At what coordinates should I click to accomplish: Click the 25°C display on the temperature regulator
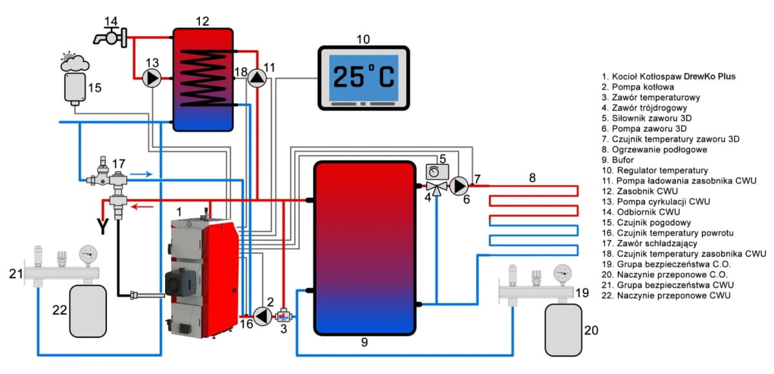tap(364, 77)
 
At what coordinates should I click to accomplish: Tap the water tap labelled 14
tap(111, 38)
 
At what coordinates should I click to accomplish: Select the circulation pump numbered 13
tap(152, 78)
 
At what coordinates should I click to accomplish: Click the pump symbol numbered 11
tap(257, 78)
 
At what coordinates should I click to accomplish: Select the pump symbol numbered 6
tap(459, 186)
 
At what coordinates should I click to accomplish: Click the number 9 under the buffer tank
tap(364, 343)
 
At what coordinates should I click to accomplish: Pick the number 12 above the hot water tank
tap(203, 21)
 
